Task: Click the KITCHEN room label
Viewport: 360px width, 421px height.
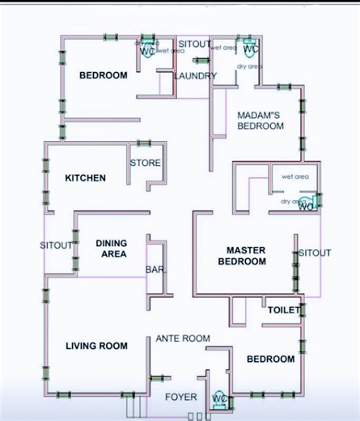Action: click(85, 178)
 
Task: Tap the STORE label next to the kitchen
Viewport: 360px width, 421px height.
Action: click(146, 163)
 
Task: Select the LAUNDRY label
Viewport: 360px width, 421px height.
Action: click(195, 76)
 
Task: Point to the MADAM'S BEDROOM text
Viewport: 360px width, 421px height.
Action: click(260, 121)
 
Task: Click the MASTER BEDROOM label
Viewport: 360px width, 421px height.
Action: click(242, 256)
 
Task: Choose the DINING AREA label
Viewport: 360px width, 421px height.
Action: click(111, 248)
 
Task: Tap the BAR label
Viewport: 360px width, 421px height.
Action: click(155, 269)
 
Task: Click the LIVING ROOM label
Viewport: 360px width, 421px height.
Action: click(96, 346)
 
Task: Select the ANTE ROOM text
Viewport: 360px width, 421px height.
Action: click(183, 338)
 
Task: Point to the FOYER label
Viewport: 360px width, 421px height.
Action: click(180, 397)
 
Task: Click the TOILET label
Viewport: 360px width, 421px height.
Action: click(284, 310)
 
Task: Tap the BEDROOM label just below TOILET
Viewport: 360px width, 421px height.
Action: click(270, 359)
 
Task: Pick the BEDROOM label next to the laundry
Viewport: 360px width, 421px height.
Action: click(103, 75)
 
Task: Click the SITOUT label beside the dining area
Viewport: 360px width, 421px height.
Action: click(57, 245)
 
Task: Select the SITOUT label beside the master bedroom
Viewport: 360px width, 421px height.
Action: click(315, 253)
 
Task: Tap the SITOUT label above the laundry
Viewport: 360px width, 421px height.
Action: click(194, 43)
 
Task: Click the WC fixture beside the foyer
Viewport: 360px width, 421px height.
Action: click(219, 399)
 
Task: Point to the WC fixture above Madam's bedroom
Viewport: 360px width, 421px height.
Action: click(251, 48)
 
